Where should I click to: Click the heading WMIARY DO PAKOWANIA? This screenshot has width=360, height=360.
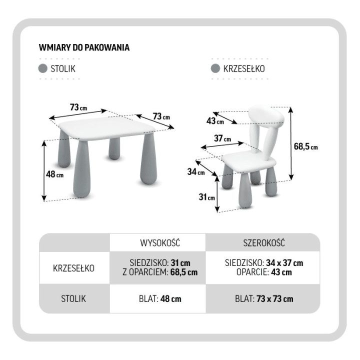coord(84,47)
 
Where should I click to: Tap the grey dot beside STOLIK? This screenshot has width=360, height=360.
coord(42,68)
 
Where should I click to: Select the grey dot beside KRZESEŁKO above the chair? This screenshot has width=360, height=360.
coord(215,68)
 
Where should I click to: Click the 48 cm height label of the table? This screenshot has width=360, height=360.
coord(54,174)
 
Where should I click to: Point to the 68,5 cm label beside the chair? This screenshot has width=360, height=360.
coord(306,146)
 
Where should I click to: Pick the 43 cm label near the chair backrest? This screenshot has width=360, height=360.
coord(215,121)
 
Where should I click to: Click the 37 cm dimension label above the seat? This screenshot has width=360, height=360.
coord(222,138)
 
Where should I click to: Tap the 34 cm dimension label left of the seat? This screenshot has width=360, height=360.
coord(196,171)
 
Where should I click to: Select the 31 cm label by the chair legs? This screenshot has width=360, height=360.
coord(207,197)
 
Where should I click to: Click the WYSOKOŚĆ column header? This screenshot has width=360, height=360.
coord(160,243)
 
